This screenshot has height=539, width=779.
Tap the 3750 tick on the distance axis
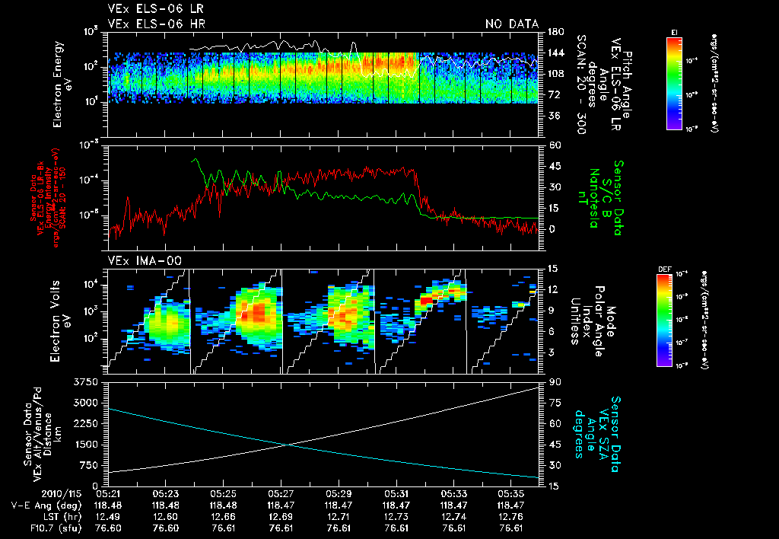point(86,381)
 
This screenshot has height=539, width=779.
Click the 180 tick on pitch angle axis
point(554,32)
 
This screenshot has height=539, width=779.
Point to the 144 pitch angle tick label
point(554,53)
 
